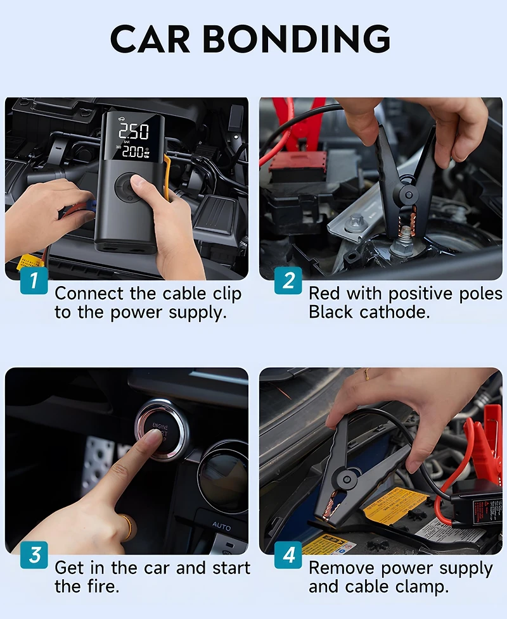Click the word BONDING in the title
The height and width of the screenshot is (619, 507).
coord(297,39)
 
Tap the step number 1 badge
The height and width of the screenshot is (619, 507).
coord(34,280)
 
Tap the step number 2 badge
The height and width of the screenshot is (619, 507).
coord(288,280)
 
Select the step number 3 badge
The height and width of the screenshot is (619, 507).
coord(34,554)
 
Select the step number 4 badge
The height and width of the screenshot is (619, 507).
coord(288,554)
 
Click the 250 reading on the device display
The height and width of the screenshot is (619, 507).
coord(134,132)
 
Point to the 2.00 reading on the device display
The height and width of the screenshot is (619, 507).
coord(132,153)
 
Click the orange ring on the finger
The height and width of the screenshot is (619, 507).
coord(129,525)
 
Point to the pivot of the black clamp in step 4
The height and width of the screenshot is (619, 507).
coord(347,476)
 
